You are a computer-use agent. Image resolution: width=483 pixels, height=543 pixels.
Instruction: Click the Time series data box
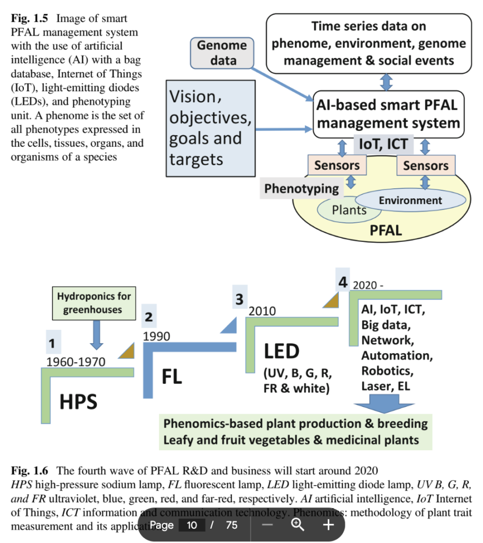[369, 43]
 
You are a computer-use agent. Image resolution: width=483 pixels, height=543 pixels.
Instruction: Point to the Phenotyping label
[301, 188]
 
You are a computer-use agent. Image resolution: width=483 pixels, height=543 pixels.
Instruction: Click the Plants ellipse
[349, 210]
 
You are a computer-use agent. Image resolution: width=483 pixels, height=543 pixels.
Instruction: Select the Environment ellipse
[410, 200]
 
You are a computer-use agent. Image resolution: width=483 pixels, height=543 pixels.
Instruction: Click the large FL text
[172, 376]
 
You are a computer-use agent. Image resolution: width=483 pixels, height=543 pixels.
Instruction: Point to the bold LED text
[282, 351]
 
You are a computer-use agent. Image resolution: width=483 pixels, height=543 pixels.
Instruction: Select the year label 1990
[157, 336]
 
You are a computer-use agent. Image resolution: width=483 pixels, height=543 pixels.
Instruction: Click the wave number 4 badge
[343, 282]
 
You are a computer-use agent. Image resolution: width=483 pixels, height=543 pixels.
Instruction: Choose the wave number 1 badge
[52, 344]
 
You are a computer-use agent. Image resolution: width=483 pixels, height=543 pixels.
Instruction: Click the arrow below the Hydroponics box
[96, 335]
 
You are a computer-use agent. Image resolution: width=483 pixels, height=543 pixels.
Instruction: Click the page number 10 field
[192, 525]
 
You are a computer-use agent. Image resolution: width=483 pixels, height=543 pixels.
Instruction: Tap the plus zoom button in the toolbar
[328, 525]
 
